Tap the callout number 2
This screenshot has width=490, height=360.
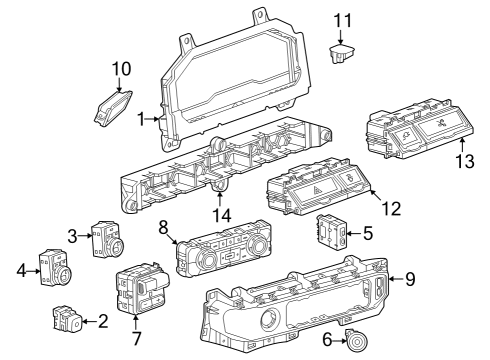[x=103, y=321]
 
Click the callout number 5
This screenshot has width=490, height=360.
[x=368, y=234]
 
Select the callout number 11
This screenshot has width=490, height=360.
[x=343, y=20]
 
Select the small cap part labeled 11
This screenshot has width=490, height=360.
[x=343, y=50]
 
